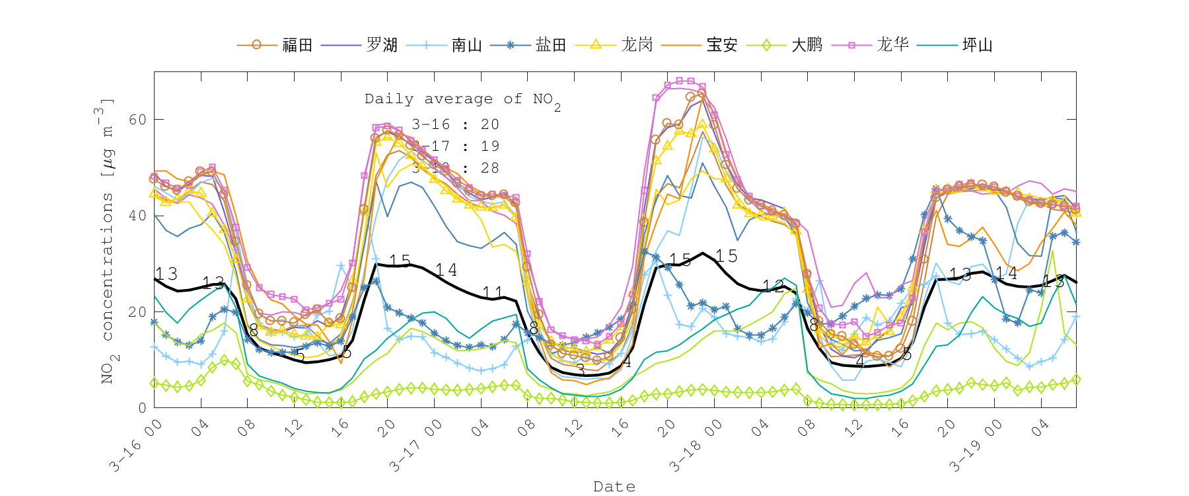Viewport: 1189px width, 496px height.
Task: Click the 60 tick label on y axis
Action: click(137, 120)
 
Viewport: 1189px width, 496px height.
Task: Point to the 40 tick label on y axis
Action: click(137, 216)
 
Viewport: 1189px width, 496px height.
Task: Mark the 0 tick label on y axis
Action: click(142, 408)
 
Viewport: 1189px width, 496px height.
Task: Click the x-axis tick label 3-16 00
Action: click(135, 446)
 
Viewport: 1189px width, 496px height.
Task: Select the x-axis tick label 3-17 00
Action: click(415, 446)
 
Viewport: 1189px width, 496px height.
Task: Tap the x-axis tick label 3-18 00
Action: click(695, 446)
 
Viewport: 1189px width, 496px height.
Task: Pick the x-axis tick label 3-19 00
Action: click(975, 446)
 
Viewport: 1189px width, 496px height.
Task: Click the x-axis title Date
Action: click(614, 487)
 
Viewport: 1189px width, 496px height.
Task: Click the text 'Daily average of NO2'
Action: click(462, 100)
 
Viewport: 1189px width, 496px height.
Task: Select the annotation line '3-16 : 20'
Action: click(455, 124)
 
